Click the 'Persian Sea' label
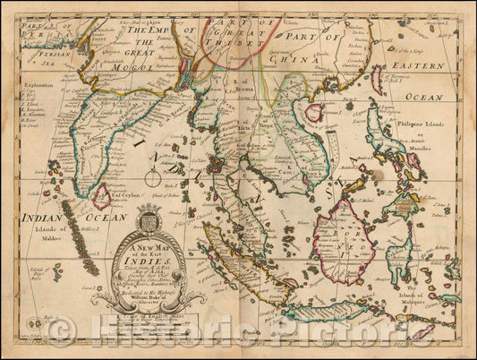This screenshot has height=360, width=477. (37, 61)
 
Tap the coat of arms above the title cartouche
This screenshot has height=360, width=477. (150, 219)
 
